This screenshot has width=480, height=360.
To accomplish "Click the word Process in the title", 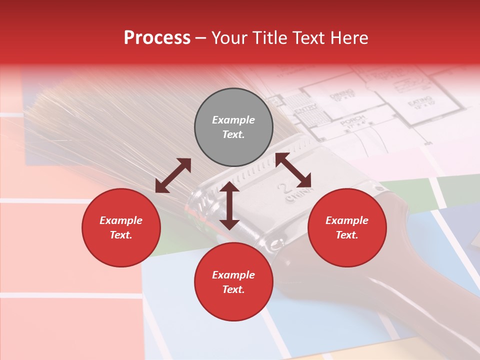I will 157,38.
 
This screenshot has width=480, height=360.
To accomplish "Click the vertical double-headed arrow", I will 229,205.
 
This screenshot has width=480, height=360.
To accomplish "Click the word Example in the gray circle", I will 233,120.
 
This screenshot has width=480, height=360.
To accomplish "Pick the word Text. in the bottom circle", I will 233,289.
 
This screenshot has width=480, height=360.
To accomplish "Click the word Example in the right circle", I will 347,220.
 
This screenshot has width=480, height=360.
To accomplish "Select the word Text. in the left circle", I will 121,235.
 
